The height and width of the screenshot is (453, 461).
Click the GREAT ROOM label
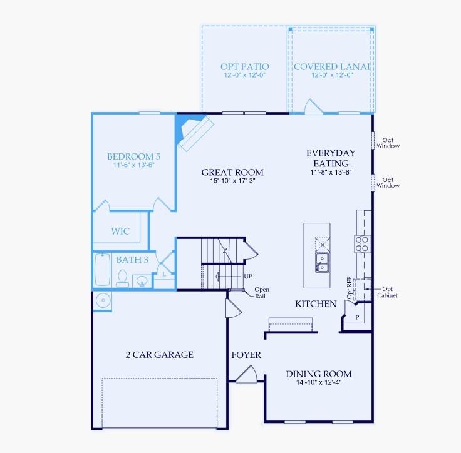pyautogui.click(x=232, y=173)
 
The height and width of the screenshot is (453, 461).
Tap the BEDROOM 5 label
pyautogui.click(x=133, y=156)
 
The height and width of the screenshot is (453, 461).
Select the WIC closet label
pyautogui.click(x=121, y=232)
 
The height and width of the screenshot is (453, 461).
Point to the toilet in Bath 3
pyautogui.click(x=123, y=278)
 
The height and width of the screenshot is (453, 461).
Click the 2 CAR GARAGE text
pyautogui.click(x=159, y=355)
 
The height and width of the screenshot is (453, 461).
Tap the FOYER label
pyautogui.click(x=246, y=355)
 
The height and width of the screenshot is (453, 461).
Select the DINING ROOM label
pyautogui.click(x=319, y=374)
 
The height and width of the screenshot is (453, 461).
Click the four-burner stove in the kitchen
pyautogui.click(x=363, y=243)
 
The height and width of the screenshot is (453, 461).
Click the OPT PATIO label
pyautogui.click(x=245, y=66)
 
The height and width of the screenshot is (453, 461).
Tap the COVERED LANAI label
pyautogui.click(x=331, y=66)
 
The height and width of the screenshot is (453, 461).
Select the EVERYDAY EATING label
pyautogui.click(x=331, y=158)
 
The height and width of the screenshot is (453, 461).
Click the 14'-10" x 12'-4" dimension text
pyautogui.click(x=319, y=383)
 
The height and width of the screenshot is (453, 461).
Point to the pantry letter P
pyautogui.click(x=358, y=317)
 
